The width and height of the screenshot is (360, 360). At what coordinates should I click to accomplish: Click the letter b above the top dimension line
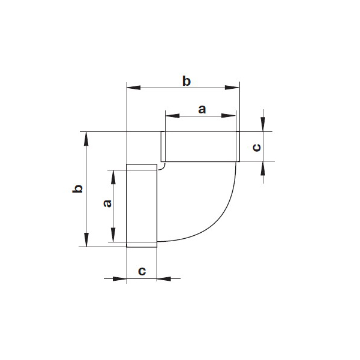click(x=186, y=82)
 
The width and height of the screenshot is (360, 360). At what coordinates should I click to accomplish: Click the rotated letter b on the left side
click(x=77, y=188)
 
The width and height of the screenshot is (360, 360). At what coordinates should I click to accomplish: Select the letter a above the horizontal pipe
click(x=202, y=110)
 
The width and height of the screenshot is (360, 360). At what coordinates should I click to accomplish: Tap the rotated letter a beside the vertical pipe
click(x=107, y=203)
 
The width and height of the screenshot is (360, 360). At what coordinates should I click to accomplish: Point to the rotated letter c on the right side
click(x=256, y=148)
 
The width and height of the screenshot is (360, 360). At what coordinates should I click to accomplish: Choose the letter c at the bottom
click(x=142, y=271)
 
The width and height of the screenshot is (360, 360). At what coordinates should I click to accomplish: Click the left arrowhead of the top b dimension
click(x=134, y=88)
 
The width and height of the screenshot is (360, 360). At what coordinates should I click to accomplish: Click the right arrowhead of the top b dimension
click(x=232, y=88)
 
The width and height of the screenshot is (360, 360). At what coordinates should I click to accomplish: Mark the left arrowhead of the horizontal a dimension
click(x=172, y=116)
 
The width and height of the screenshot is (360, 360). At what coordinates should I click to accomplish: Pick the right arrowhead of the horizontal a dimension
click(x=229, y=116)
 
